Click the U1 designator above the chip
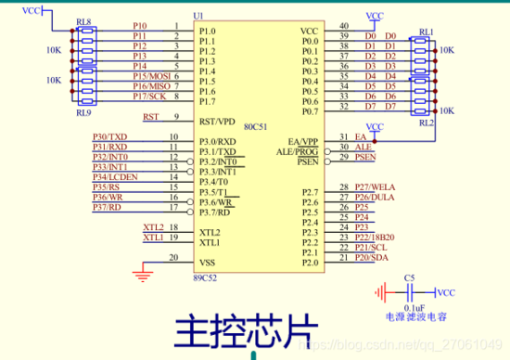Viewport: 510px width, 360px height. (x=197, y=17)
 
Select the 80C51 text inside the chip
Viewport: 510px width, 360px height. (x=256, y=126)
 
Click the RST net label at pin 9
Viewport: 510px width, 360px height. (x=150, y=117)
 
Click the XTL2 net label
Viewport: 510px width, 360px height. (x=153, y=227)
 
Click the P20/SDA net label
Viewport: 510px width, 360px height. (x=373, y=257)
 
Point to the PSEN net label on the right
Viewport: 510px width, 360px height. (x=364, y=157)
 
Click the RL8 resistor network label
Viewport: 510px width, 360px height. (x=83, y=20)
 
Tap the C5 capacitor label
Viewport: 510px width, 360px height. (x=409, y=277)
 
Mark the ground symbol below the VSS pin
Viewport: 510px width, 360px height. (x=141, y=271)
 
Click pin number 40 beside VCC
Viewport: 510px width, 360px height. (x=343, y=26)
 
